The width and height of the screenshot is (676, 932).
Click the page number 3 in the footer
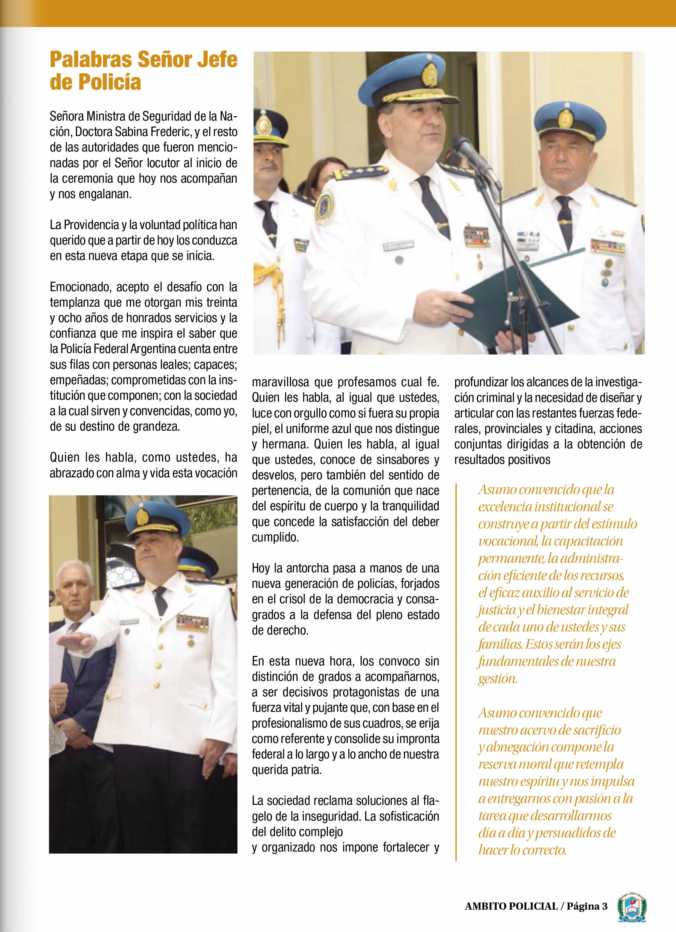click(604, 906)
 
